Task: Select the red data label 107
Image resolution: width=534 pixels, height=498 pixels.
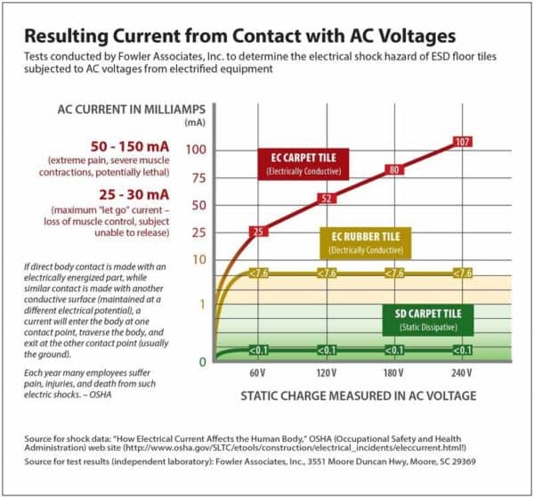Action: click(462, 142)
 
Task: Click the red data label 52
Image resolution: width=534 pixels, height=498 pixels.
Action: click(326, 198)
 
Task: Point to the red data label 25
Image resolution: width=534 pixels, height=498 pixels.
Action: click(257, 232)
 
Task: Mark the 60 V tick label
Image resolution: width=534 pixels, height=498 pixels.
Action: click(258, 370)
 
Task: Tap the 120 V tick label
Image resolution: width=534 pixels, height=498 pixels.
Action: click(326, 370)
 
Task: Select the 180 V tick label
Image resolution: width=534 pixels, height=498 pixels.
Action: click(393, 370)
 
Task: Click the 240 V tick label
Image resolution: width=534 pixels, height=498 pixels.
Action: click(461, 370)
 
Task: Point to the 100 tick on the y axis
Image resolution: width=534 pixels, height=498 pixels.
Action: click(195, 149)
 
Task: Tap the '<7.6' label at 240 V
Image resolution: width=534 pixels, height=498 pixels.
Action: click(462, 273)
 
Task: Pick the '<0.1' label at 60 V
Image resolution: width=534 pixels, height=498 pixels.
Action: click(258, 350)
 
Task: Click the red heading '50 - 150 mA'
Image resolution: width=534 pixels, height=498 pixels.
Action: click(121, 144)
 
